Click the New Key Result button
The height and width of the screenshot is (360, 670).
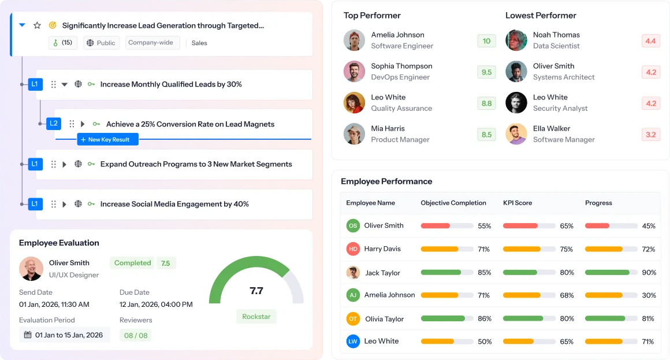tap(108, 139)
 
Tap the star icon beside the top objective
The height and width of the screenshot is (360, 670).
tap(38, 25)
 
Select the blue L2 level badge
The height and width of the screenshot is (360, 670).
tap(54, 123)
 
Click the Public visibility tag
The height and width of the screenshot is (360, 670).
tap(101, 43)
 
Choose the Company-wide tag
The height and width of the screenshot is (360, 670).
tap(151, 43)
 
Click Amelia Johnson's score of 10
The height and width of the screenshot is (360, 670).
tap(486, 41)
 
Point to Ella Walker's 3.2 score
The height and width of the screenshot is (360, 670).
tap(650, 135)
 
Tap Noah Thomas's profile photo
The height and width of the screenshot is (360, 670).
tap(516, 40)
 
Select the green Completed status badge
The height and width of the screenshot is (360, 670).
tap(132, 263)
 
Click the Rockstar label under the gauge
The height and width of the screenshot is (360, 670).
tap(256, 317)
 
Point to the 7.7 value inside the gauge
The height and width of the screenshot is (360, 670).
tap(256, 291)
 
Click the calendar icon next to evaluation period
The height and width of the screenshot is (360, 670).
tap(27, 335)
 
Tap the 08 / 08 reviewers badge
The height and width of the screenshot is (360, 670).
tap(136, 335)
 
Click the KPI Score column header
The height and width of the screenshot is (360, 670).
tap(518, 203)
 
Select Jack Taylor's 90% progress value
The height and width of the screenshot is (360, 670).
tap(649, 272)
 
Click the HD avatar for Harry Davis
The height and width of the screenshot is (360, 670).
tap(353, 249)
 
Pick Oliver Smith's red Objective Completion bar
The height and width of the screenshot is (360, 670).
tap(435, 226)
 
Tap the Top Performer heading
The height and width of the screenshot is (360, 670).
tap(372, 16)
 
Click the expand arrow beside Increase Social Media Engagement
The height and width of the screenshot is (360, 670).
tap(65, 204)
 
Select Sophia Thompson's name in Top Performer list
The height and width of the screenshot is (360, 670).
tap(401, 66)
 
